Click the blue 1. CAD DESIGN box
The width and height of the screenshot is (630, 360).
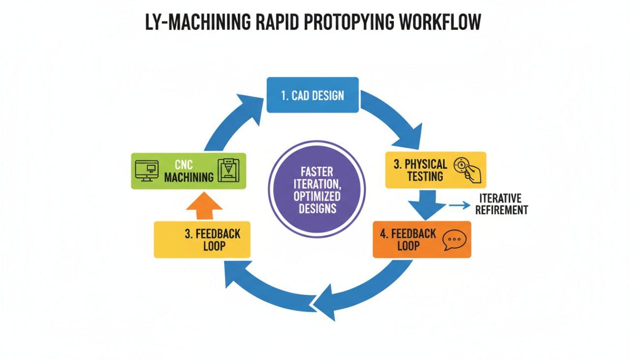[x=313, y=95]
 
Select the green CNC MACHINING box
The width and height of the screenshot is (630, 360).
[x=189, y=171]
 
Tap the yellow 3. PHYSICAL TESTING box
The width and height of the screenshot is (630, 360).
[x=435, y=170]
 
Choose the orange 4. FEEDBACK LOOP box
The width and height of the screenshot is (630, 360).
[x=421, y=239]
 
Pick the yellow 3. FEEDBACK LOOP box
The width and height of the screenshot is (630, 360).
[x=202, y=240]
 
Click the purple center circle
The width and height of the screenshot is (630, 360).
[x=317, y=190]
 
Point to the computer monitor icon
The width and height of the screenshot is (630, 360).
[x=146, y=170]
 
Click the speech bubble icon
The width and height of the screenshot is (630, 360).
[x=453, y=240]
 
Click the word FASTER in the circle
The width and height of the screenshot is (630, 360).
[x=317, y=172]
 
